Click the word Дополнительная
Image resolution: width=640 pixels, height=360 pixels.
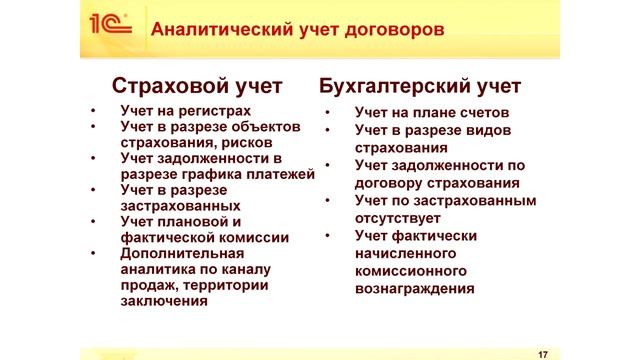182,254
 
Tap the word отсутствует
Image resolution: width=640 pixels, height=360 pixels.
401,216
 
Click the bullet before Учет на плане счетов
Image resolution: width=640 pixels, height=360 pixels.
329,113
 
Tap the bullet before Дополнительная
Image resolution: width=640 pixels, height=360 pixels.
93,254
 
